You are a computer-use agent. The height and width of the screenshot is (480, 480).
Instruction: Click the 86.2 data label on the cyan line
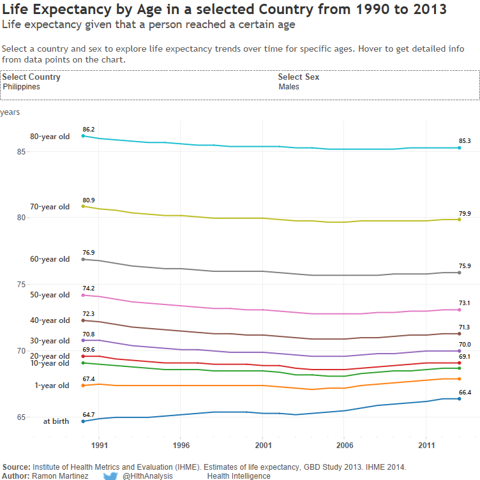89,130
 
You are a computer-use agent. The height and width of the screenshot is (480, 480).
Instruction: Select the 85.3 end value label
465,141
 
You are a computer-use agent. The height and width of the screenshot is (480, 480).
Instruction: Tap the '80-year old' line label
50,137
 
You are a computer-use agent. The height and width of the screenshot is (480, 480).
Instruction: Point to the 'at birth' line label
56,421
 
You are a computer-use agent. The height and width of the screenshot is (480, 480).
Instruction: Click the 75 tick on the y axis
22,285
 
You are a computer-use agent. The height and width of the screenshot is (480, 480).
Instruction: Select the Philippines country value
21,87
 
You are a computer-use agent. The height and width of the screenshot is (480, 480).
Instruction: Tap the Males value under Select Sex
289,87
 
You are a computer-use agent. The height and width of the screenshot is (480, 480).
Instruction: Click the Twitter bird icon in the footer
111,476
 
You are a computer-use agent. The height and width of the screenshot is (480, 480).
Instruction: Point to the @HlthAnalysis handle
147,476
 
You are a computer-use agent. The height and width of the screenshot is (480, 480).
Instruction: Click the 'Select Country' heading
31,77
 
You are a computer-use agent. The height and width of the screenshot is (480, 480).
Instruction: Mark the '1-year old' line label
52,386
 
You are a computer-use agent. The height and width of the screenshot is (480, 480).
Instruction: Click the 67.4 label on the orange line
89,379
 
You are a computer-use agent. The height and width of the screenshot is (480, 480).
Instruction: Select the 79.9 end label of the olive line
465,214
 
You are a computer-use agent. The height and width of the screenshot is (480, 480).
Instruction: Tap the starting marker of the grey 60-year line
83,259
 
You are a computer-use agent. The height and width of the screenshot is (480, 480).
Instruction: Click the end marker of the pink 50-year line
460,310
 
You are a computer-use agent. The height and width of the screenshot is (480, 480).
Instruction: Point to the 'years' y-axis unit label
10,112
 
